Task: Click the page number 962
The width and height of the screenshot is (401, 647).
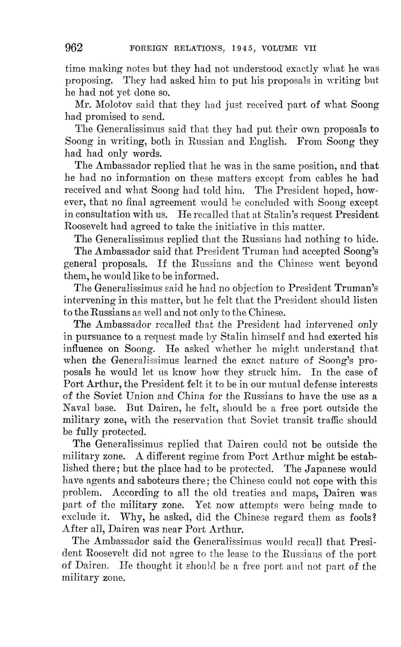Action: (x=74, y=48)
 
